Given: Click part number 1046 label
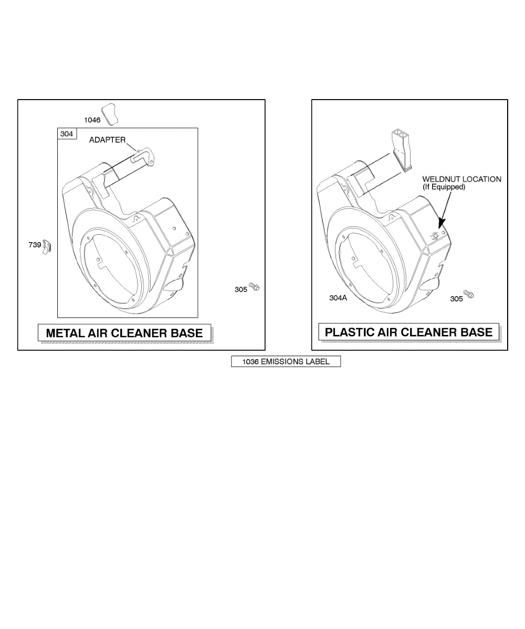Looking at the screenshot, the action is (92, 120).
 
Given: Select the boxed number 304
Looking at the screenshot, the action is (67, 134).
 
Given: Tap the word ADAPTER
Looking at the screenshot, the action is (107, 140).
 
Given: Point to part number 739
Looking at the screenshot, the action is (35, 245).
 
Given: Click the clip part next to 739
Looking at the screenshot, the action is (47, 247).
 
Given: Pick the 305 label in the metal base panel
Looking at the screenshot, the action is (241, 289).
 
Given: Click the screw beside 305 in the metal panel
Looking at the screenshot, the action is (254, 287).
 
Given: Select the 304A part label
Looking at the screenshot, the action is (338, 298).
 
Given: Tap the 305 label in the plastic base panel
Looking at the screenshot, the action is (456, 299).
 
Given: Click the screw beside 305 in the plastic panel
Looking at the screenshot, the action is (468, 294).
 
